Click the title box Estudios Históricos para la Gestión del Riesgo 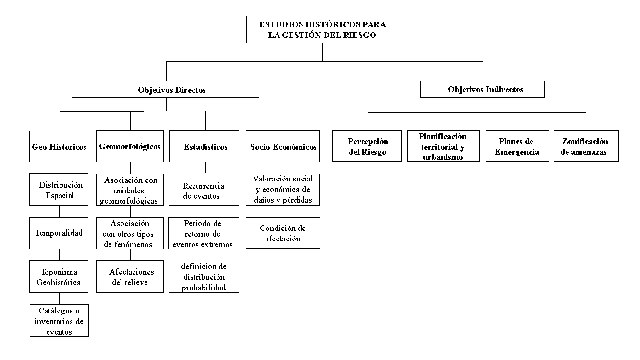(x=322, y=29)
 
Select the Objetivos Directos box (x=166, y=89)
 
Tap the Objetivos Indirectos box (x=483, y=89)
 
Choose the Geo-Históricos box (x=59, y=146)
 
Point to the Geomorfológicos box (x=130, y=146)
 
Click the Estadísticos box (x=204, y=146)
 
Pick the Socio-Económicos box (x=283, y=146)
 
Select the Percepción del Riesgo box (x=367, y=146)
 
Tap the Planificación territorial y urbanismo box (x=443, y=146)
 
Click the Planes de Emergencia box (x=518, y=146)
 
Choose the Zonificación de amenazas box (x=586, y=146)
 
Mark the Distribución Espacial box (x=59, y=190)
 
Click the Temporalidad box (x=59, y=233)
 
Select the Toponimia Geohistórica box (x=59, y=276)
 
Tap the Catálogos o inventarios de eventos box (x=59, y=321)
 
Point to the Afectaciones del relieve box (x=130, y=276)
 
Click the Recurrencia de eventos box (x=204, y=190)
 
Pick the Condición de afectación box (x=283, y=233)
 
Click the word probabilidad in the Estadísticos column (x=204, y=288)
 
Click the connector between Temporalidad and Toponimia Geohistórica (x=59, y=254)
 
